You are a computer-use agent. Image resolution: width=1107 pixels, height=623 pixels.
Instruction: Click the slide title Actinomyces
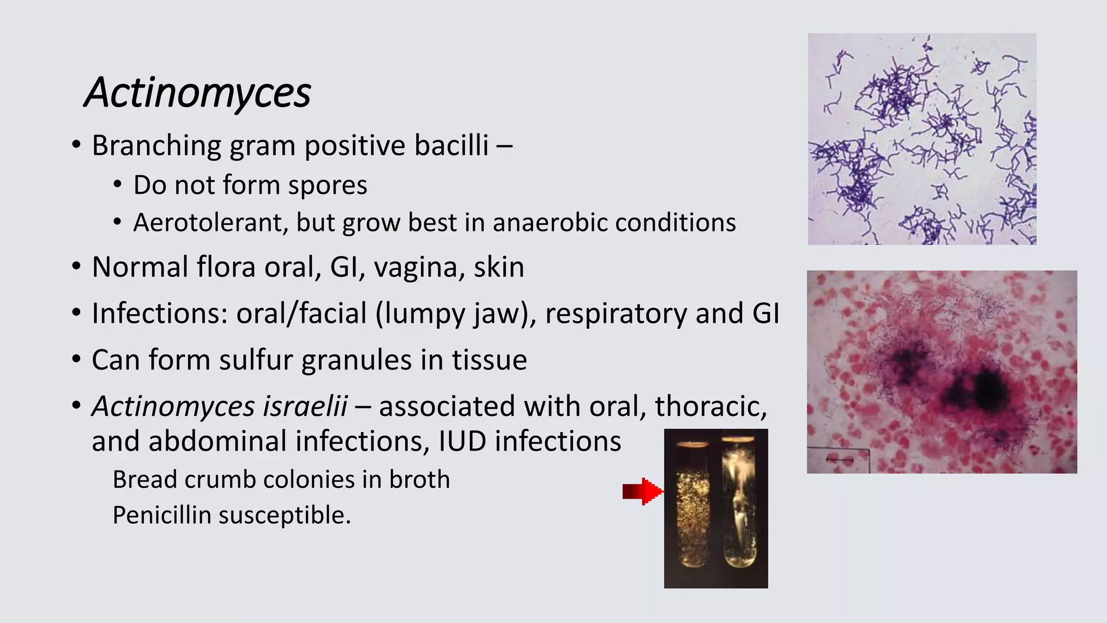click(198, 92)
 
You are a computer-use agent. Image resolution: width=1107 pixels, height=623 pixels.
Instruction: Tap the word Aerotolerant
click(208, 222)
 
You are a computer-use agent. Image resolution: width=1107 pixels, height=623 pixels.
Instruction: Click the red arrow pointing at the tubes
click(642, 491)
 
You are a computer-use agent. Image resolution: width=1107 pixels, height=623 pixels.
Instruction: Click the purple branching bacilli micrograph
click(922, 139)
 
